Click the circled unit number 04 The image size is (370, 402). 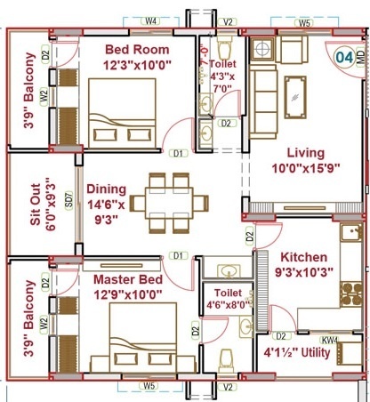pos(343,60)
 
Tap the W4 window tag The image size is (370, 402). pos(150,19)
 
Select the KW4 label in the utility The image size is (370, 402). pos(329,339)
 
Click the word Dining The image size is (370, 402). pos(107,189)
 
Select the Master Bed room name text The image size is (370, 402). pos(127,280)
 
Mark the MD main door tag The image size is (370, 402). pos(359,60)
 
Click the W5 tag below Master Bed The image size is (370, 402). pos(149,387)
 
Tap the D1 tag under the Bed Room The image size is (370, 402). pos(179,153)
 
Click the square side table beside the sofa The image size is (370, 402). pos(264,48)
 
